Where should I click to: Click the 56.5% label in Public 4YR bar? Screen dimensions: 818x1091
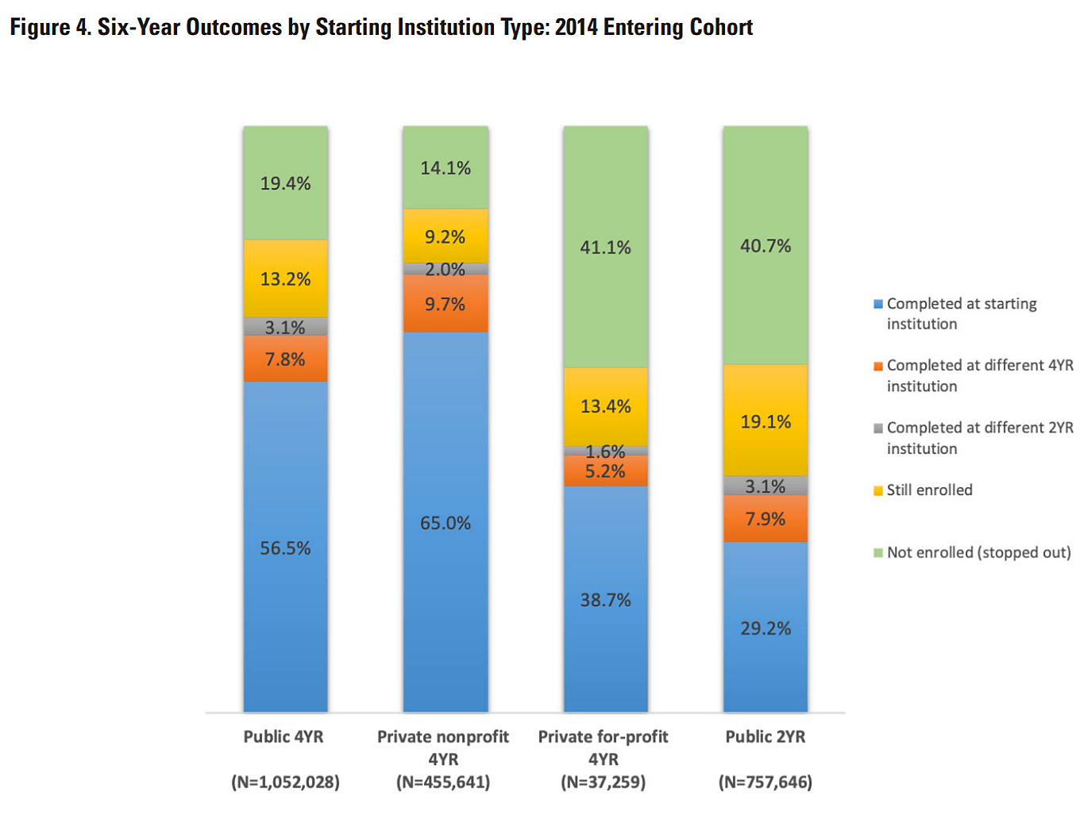285,548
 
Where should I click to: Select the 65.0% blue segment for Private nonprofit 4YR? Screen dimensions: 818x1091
445,523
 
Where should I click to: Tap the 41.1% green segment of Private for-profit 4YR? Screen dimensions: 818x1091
605,248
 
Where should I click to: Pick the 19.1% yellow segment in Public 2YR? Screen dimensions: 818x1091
765,421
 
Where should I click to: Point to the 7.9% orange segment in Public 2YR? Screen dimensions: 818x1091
765,519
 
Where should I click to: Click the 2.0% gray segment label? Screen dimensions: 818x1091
445,270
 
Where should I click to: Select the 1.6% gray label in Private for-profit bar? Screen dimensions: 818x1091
605,451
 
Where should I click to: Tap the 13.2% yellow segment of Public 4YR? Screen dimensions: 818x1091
285,279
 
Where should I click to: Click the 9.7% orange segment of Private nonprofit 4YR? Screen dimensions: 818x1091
445,304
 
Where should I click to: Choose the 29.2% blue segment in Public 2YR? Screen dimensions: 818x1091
765,628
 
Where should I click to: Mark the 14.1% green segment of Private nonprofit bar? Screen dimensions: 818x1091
445,168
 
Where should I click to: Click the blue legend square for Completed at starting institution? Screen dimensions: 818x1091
878,304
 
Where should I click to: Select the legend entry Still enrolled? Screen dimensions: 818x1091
929,490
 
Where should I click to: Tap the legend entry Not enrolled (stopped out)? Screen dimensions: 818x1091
978,552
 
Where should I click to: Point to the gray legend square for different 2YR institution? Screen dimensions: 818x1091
878,428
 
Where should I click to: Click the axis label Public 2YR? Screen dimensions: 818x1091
765,736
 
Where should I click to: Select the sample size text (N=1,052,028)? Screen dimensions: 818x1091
285,782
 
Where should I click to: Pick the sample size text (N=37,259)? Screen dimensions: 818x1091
603,782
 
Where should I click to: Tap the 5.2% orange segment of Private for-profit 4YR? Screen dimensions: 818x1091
605,471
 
